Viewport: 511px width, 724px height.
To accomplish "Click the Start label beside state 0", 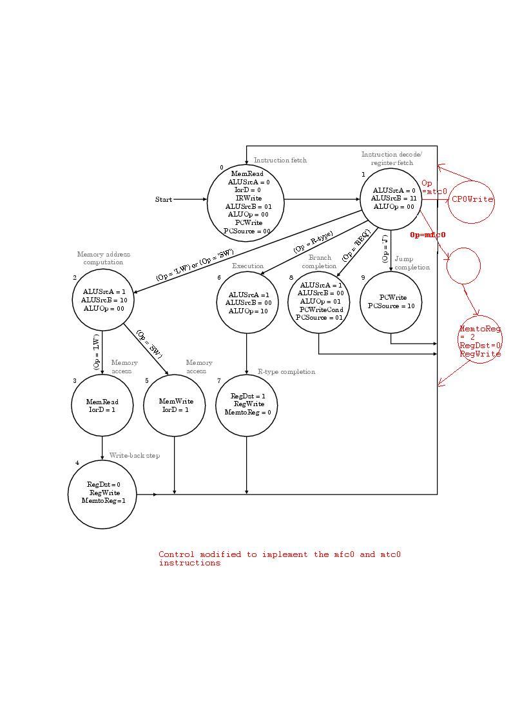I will [164, 199].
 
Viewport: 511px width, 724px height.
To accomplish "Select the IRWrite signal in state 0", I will [248, 198].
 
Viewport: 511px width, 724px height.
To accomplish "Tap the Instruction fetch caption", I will [280, 160].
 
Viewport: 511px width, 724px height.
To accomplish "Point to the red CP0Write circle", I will [472, 199].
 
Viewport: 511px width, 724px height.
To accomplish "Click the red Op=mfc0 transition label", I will [427, 235].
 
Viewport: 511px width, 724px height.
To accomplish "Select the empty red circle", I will [463, 266].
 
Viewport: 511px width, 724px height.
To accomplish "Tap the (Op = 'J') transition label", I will [385, 249].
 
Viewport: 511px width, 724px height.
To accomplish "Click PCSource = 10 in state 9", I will [391, 306].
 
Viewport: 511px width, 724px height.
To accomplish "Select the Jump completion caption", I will [412, 263].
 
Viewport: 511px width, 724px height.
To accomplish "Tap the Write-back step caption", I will [135, 455].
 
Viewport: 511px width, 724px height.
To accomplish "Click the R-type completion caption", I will [286, 371].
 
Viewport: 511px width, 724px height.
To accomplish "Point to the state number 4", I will [77, 463].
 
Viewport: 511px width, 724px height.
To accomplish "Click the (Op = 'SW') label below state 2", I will [149, 344].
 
